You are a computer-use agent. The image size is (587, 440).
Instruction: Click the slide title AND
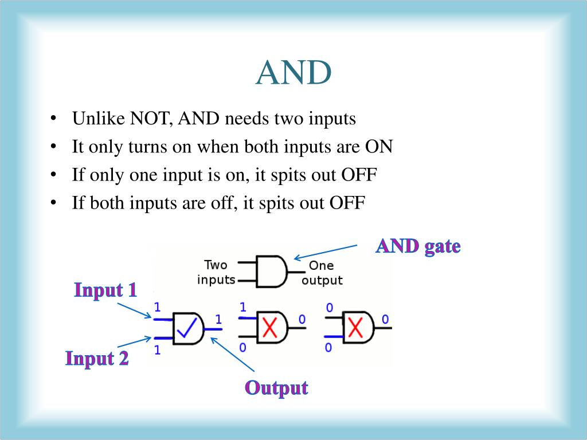(293, 73)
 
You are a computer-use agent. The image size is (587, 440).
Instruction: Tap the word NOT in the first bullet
(151, 119)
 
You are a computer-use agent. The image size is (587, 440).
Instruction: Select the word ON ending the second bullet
(379, 147)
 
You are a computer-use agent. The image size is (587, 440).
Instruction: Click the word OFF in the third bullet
(359, 175)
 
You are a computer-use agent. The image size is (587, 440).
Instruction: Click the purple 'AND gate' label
(418, 246)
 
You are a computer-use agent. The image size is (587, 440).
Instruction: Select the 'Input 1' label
(105, 290)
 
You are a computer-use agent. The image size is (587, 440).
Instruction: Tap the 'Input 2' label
(97, 359)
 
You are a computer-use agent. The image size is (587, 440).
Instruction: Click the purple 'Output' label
(276, 388)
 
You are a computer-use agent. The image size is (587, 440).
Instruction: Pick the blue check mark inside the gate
(187, 328)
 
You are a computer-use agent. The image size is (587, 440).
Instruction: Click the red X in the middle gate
(270, 328)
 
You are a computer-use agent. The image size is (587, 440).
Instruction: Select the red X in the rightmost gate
(356, 328)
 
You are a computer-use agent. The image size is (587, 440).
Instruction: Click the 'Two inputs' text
(216, 272)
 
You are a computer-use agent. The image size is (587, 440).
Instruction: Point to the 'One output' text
(322, 273)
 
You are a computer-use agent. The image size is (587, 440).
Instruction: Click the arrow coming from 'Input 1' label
(134, 310)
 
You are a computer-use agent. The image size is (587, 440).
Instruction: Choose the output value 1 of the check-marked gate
(218, 319)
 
